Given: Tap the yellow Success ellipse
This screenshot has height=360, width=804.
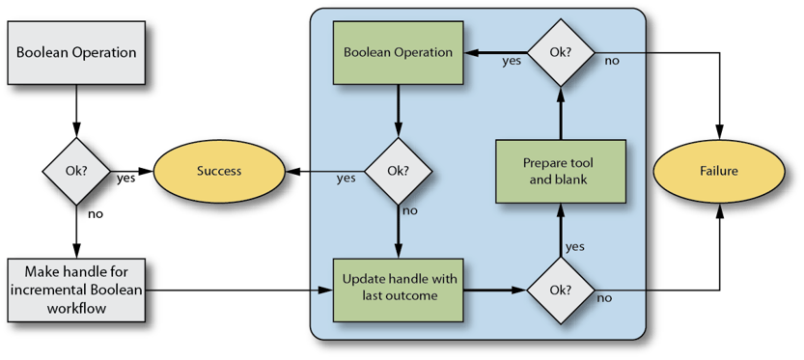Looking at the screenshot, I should (x=219, y=171).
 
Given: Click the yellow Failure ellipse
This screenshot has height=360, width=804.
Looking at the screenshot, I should (x=720, y=171).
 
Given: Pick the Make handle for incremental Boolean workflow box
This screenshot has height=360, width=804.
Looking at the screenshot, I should (x=75, y=288).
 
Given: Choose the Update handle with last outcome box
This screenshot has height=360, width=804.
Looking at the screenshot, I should (x=397, y=288).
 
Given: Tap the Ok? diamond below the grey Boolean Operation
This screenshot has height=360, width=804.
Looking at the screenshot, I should (x=75, y=171).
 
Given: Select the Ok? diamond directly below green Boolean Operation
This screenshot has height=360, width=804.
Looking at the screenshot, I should (x=397, y=171).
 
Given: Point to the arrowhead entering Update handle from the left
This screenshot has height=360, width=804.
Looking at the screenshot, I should (x=326, y=288).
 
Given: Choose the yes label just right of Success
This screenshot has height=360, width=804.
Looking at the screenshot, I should (x=345, y=178).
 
